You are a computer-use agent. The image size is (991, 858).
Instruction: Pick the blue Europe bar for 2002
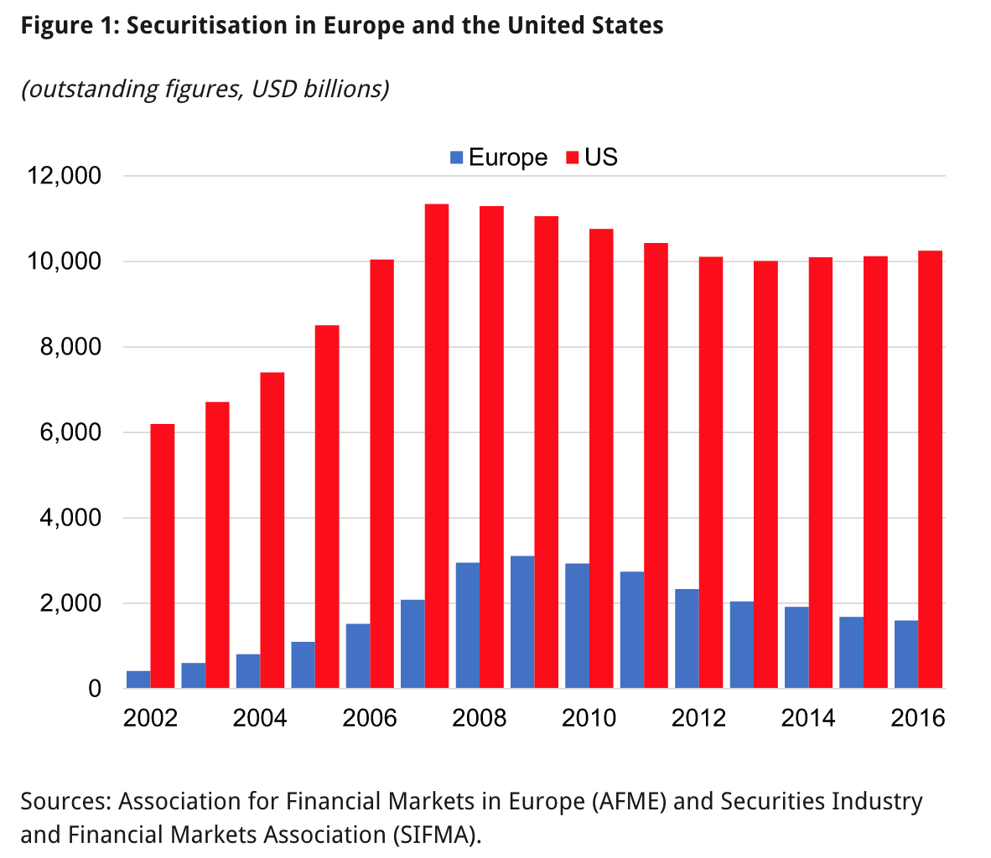click(138, 680)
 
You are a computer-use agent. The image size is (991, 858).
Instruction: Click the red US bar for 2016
click(930, 469)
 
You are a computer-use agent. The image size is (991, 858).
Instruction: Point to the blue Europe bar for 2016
click(906, 654)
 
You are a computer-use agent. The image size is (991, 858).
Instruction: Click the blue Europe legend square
click(457, 158)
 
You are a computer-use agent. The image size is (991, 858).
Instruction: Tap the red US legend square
click(573, 158)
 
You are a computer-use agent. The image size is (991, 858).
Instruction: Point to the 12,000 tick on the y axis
click(65, 176)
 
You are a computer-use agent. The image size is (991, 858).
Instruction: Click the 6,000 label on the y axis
click(71, 432)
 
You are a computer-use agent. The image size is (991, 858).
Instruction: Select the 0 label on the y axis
click(94, 689)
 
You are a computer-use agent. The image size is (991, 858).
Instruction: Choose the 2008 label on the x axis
click(480, 718)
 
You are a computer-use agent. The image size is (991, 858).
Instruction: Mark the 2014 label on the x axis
click(808, 718)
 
